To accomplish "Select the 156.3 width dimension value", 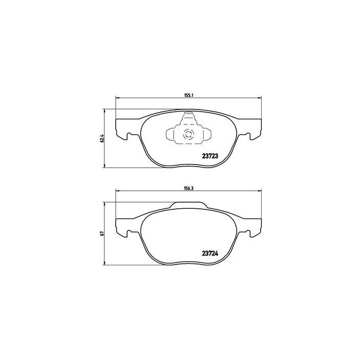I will (188, 188).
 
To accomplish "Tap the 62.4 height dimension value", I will (102, 138).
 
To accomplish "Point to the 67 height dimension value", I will (102, 233).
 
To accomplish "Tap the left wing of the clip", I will (172, 135).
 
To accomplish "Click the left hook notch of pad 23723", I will (125, 136).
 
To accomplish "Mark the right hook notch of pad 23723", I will (249, 136).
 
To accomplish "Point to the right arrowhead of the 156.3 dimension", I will (258, 192).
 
